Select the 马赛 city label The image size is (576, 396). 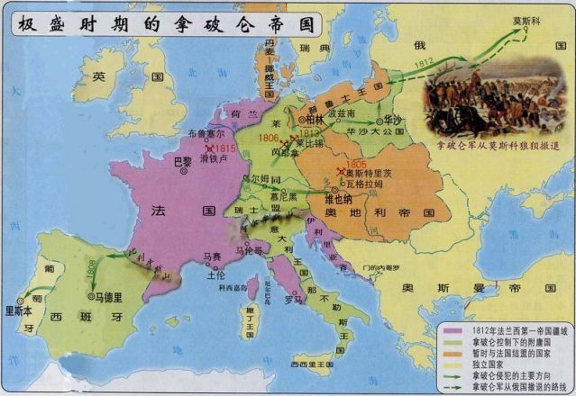point(212,256)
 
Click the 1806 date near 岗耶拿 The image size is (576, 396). point(269,138)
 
